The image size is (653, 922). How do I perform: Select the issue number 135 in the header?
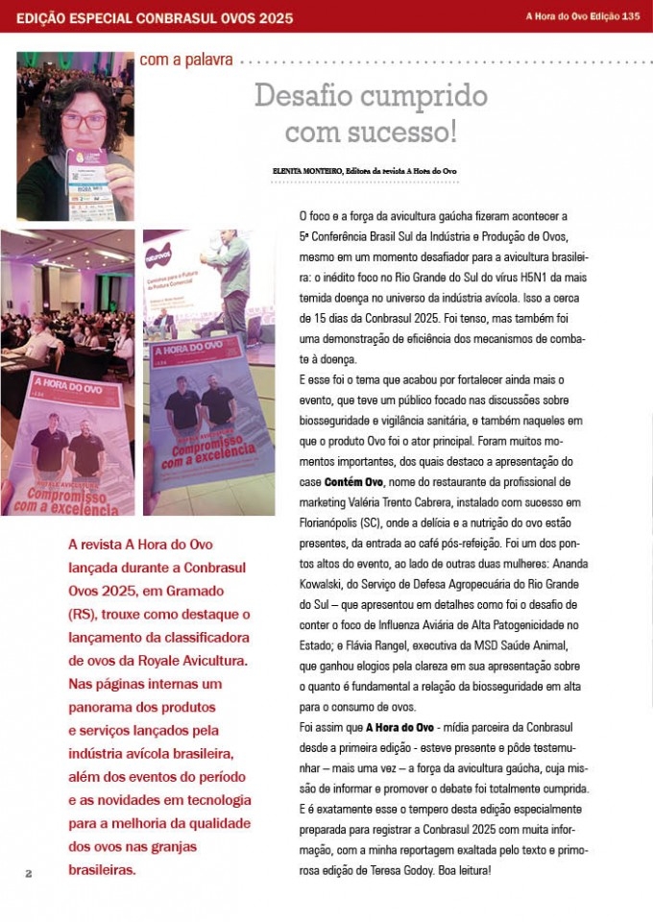pos(631,16)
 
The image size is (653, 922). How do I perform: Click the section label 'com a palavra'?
pos(186,60)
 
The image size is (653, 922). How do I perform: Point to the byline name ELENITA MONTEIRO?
pos(307,171)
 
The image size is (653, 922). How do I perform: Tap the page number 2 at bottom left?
pos(29,873)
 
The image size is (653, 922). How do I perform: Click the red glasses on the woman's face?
pos(85,121)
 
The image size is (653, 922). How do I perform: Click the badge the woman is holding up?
pos(92,182)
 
